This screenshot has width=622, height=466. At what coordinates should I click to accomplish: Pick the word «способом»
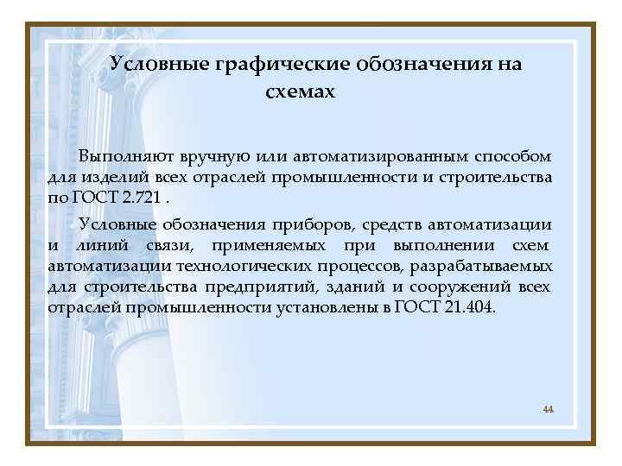509,157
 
